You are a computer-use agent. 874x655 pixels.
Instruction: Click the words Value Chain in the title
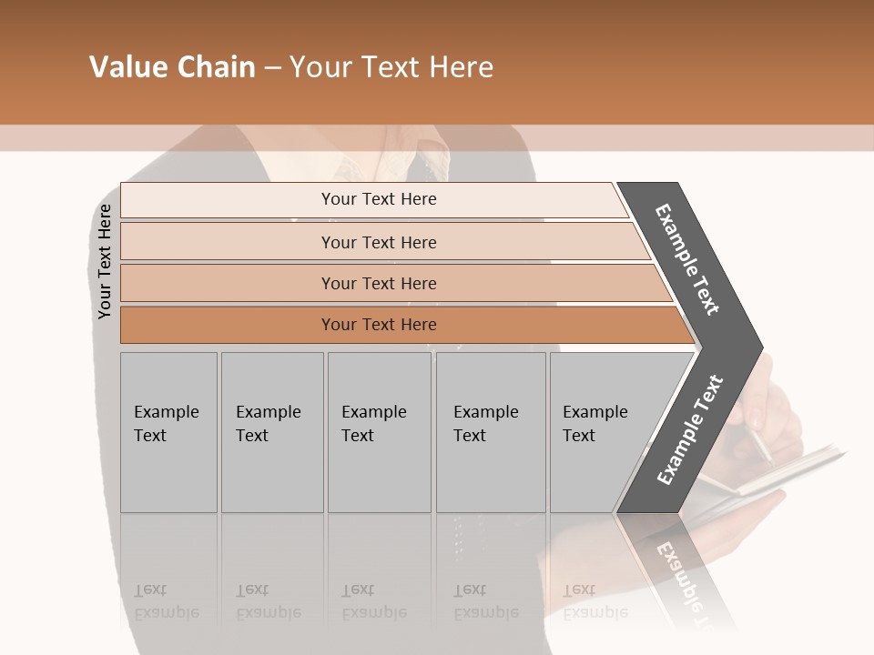172,67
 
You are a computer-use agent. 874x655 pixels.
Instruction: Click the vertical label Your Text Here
105,261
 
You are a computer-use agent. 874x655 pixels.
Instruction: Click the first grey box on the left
168,432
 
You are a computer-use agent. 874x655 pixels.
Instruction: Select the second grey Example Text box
272,432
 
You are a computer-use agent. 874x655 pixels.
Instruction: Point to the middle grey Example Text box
379,432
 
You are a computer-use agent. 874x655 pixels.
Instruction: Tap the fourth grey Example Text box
491,432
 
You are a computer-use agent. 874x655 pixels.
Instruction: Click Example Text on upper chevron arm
688,259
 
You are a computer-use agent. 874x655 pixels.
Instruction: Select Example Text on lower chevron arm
689,430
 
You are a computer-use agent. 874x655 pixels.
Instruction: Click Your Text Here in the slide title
391,67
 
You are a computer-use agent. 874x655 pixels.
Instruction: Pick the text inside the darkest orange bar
379,325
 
